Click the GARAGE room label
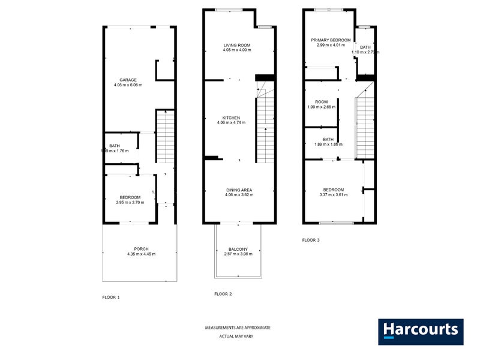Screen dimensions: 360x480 coord(128,80)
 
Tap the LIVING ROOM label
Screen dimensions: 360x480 coord(236,45)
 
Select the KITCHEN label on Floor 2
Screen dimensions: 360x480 coord(232,118)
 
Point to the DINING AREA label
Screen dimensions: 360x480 coord(238,190)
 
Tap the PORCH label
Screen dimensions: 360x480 coord(141,249)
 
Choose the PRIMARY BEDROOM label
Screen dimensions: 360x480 coord(331,40)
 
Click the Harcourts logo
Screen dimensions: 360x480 coord(421,331)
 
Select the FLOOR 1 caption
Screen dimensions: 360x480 coord(111,297)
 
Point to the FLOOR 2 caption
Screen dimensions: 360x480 coord(223,294)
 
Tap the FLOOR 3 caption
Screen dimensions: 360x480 coord(311,240)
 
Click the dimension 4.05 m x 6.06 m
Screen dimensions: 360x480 coord(128,85)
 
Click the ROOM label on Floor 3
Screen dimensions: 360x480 coord(322,102)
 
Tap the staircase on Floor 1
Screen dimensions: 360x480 coord(165,138)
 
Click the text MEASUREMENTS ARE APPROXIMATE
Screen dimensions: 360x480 coord(238,328)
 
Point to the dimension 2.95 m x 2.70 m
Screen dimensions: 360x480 coord(130,203)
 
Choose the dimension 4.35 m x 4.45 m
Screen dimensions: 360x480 coord(141,254)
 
